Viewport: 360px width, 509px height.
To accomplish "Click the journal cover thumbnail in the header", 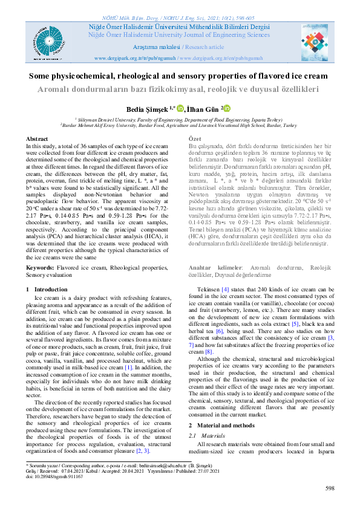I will (318, 39).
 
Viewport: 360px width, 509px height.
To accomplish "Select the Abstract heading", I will (38, 139).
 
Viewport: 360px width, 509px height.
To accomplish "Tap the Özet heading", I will (197, 139).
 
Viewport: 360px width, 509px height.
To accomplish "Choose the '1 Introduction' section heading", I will (48, 290).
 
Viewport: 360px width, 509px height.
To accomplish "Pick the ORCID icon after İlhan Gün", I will (229, 108).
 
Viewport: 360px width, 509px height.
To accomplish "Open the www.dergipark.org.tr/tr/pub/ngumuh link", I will (137, 58).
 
